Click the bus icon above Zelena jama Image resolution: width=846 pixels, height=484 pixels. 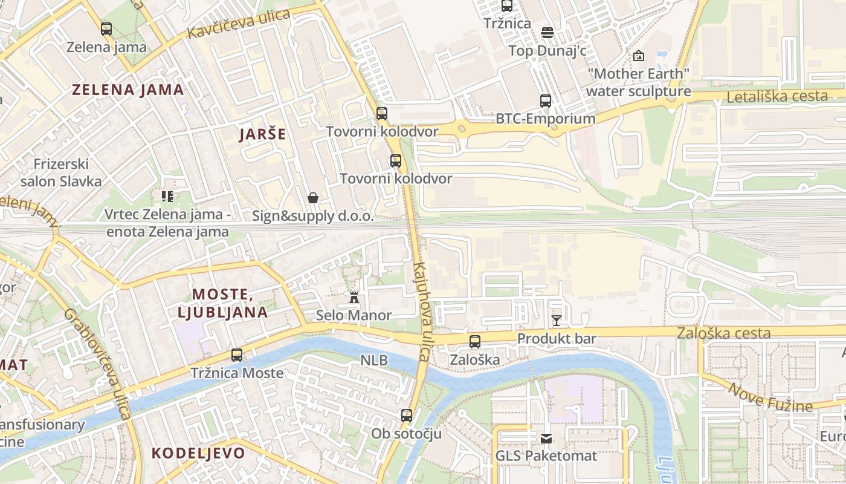[106, 28]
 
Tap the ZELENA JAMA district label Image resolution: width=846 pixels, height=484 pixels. [128, 90]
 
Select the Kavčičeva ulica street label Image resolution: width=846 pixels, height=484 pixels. [239, 25]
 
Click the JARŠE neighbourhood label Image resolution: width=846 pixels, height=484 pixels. [262, 134]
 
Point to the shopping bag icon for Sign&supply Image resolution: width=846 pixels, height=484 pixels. [313, 198]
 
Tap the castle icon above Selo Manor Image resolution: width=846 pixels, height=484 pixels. [354, 297]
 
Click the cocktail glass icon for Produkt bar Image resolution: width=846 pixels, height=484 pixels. [557, 320]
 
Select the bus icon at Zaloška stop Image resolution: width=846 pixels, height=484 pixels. [475, 342]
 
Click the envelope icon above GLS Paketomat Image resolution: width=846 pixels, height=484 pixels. [546, 438]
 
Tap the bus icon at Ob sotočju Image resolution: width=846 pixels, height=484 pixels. [407, 416]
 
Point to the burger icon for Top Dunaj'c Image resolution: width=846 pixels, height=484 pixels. [547, 32]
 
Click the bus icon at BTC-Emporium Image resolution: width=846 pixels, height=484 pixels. [546, 100]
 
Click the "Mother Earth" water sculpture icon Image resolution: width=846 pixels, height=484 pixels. [639, 56]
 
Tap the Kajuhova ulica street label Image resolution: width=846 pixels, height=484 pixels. [421, 312]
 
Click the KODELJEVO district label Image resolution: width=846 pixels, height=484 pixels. [198, 453]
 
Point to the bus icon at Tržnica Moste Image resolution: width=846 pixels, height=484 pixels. [237, 355]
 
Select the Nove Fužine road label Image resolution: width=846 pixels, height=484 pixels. [770, 397]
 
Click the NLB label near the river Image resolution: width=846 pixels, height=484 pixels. [374, 360]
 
